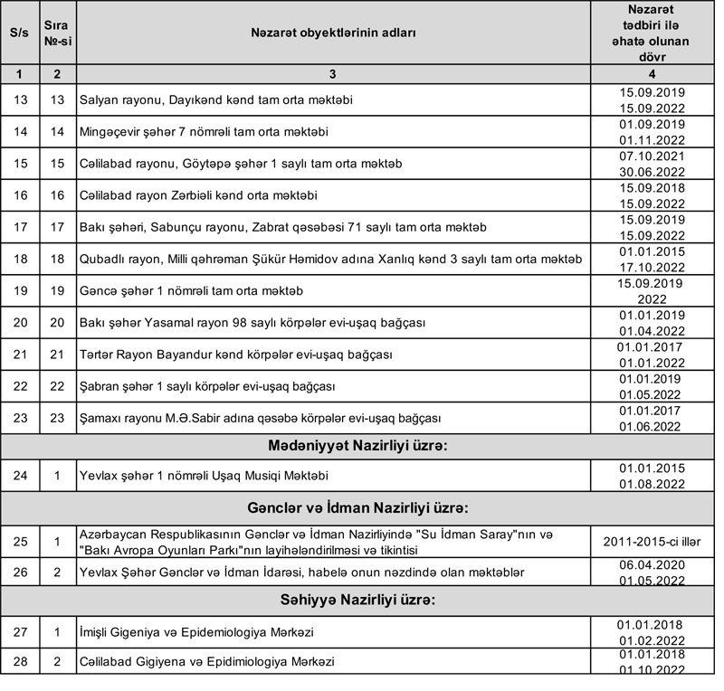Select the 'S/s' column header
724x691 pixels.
(18, 33)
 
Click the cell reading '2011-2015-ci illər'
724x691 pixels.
(652, 541)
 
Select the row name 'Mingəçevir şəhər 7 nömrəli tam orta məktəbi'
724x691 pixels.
(203, 132)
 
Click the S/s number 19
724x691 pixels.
(18, 292)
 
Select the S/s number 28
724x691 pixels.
(18, 662)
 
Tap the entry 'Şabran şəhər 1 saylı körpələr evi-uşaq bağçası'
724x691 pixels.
(207, 387)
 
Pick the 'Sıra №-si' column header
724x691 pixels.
(56, 33)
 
